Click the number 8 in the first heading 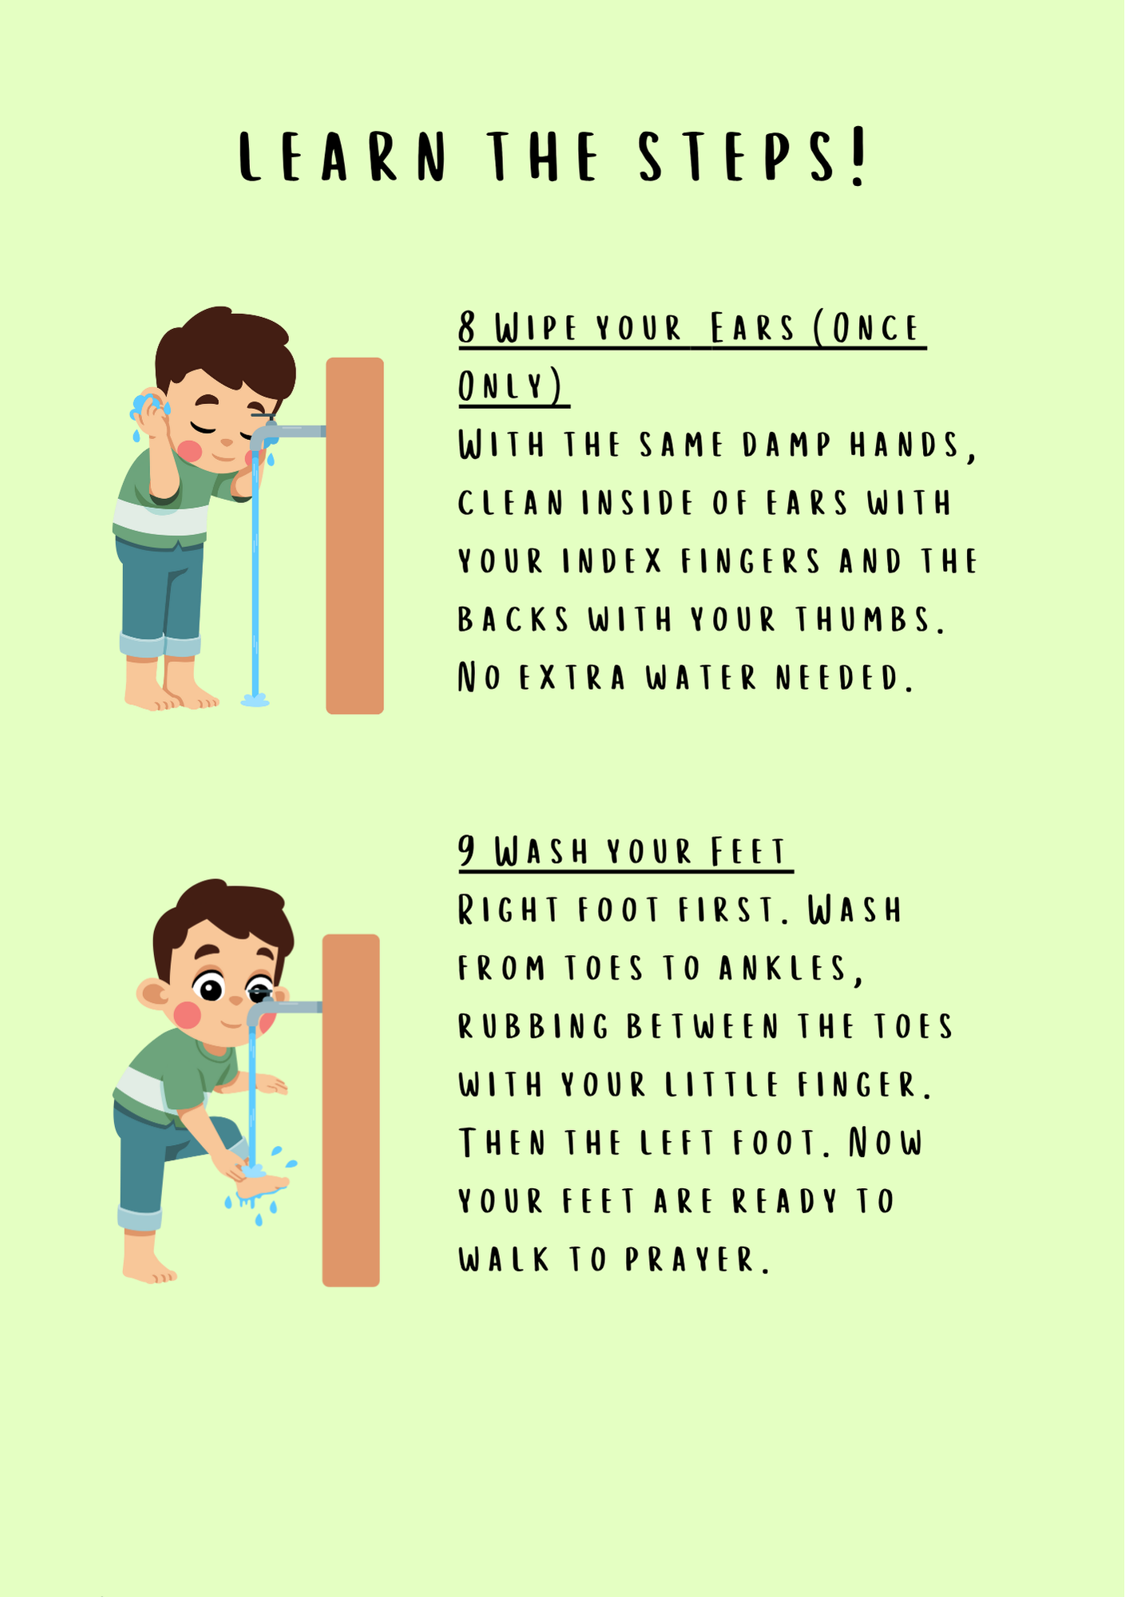pyautogui.click(x=467, y=328)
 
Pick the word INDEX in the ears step pyautogui.click(x=612, y=561)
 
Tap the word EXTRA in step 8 pyautogui.click(x=572, y=678)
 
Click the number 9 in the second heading pyautogui.click(x=467, y=851)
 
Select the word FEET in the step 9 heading pyautogui.click(x=749, y=852)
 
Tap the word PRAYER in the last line pyautogui.click(x=697, y=1260)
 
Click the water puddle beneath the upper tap pyautogui.click(x=255, y=701)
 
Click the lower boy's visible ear pyautogui.click(x=152, y=995)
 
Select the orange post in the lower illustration pyautogui.click(x=351, y=1110)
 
